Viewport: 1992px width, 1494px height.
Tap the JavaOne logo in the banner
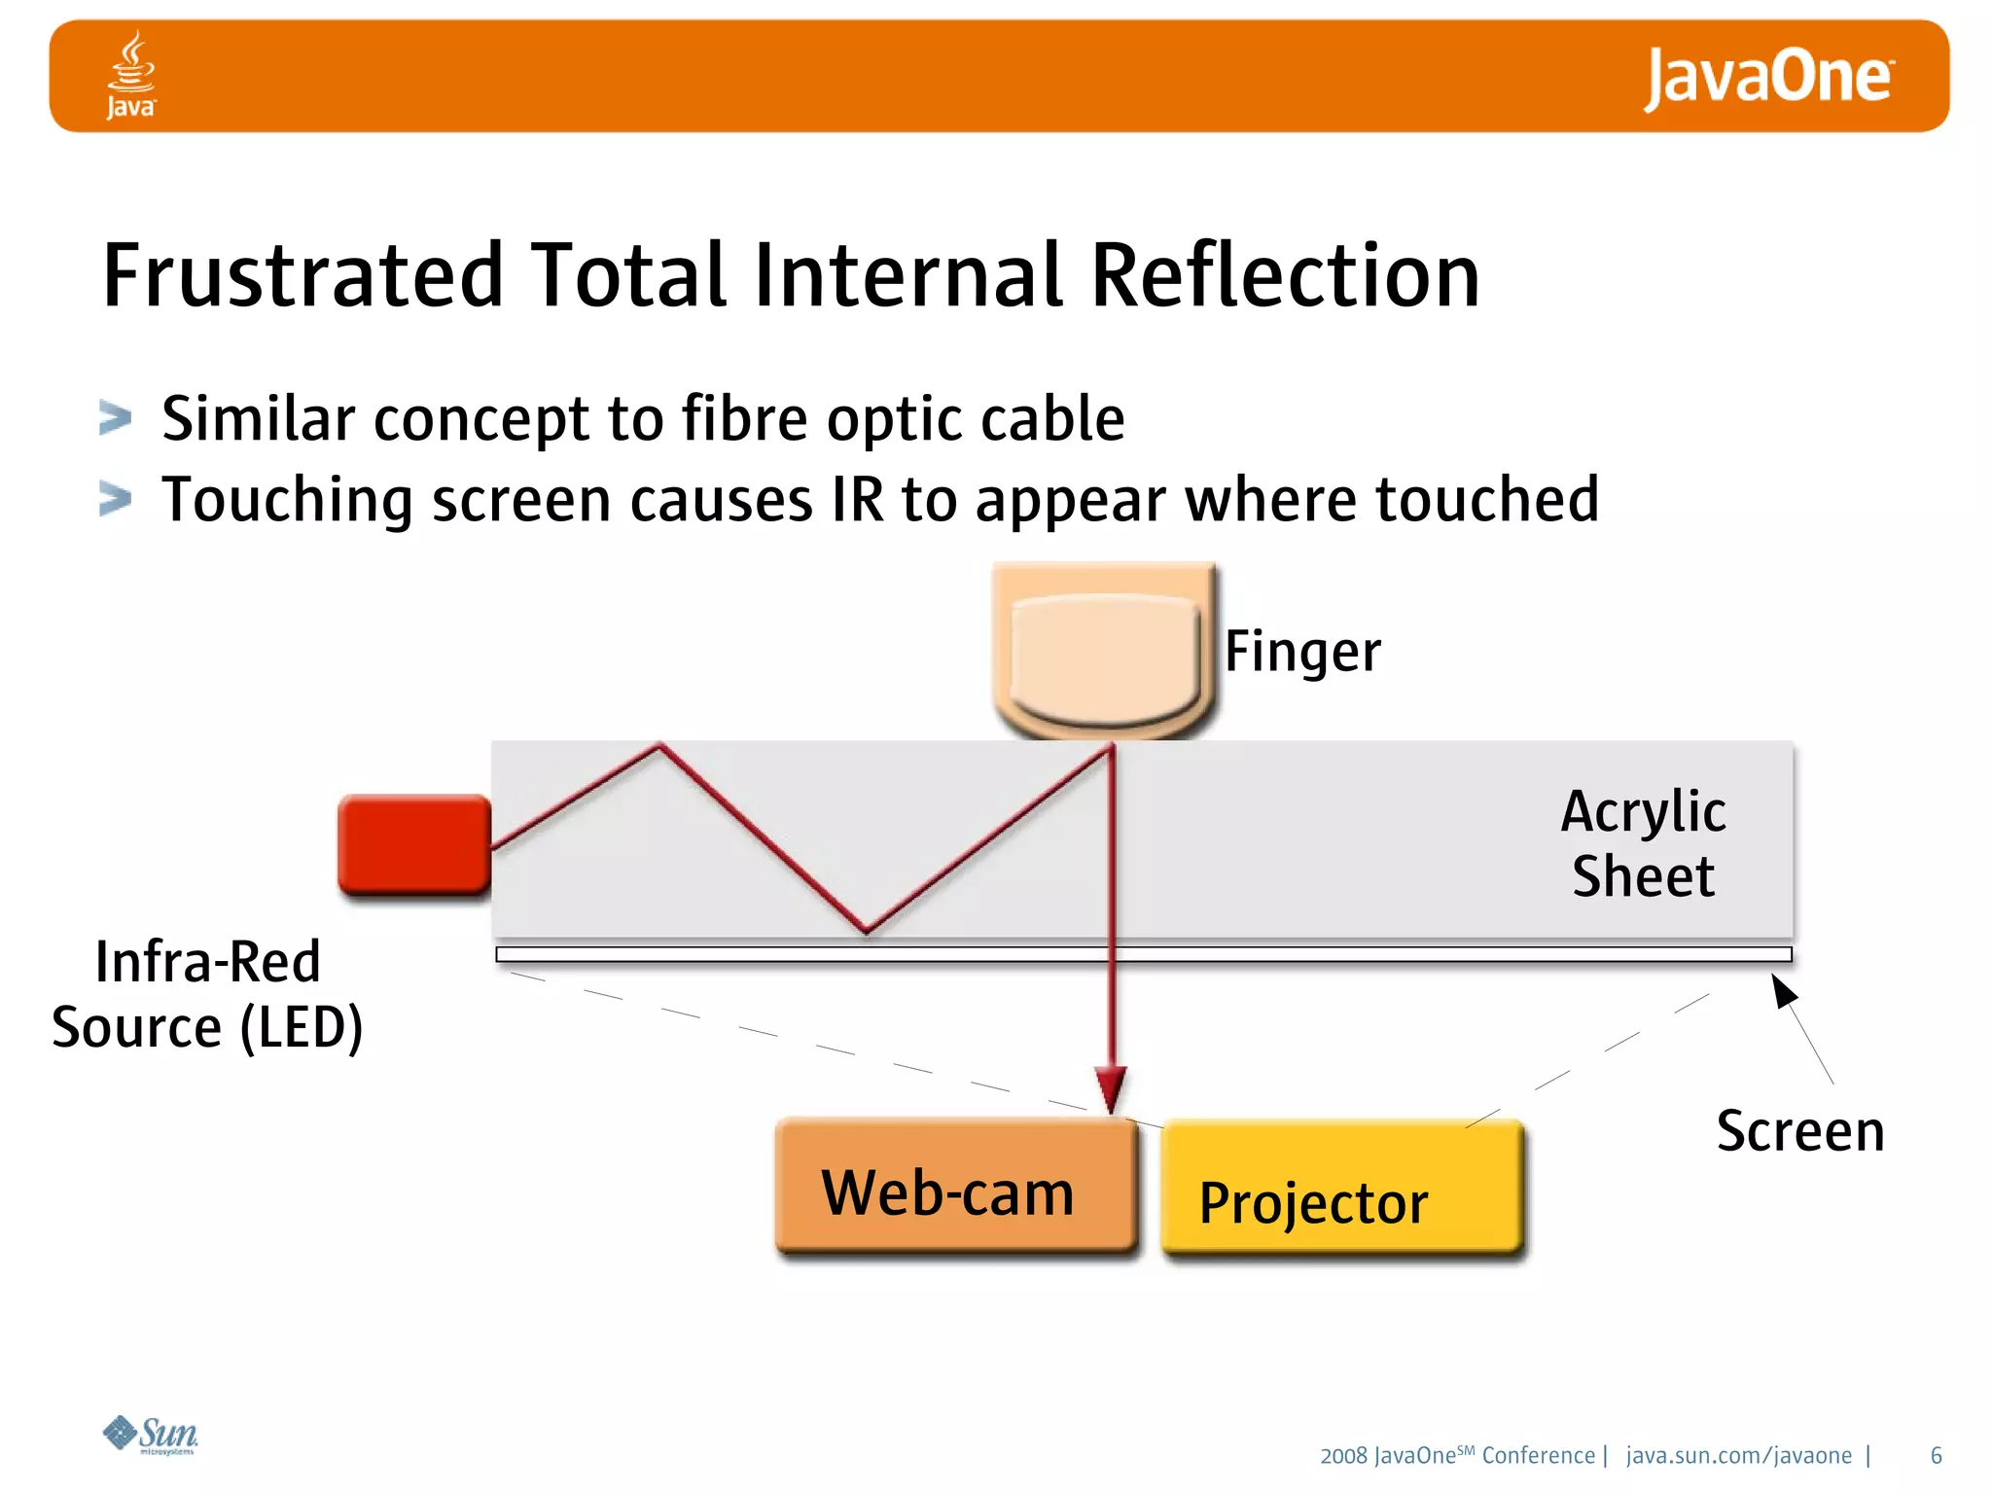[x=1767, y=77]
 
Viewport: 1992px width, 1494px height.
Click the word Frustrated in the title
[x=302, y=276]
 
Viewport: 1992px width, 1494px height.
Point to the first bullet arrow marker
[x=115, y=418]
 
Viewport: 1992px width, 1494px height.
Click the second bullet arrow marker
[x=115, y=499]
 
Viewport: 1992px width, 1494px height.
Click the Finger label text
[x=1301, y=651]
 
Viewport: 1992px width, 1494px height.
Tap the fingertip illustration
[x=1104, y=652]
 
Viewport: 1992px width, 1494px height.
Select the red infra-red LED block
[x=414, y=843]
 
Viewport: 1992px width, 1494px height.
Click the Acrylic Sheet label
[x=1643, y=843]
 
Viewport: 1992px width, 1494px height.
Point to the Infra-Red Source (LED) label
[x=207, y=994]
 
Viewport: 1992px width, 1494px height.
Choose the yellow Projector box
[x=1342, y=1192]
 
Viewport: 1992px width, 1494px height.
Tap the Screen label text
[x=1800, y=1131]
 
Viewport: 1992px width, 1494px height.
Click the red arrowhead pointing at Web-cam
[x=1111, y=1087]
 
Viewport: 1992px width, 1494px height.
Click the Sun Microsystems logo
[x=151, y=1434]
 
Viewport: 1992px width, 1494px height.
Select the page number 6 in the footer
[x=1936, y=1455]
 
